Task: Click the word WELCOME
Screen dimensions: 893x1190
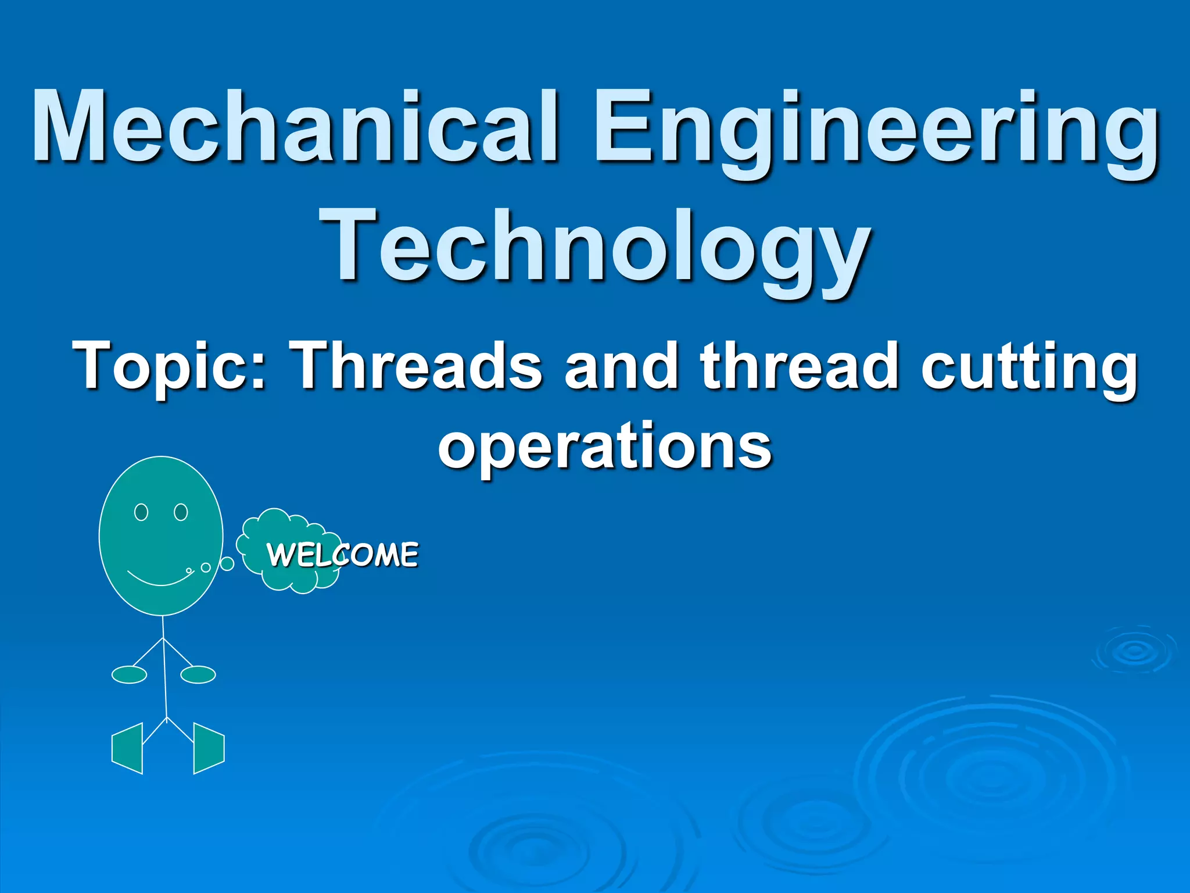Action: click(x=343, y=554)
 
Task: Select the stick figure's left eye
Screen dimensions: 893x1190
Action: click(x=141, y=512)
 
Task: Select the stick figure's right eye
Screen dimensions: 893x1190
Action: click(x=181, y=512)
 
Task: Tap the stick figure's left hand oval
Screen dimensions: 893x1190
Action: click(x=129, y=674)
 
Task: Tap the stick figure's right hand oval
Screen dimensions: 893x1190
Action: click(x=198, y=674)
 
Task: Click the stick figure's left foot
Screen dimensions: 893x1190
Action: click(x=127, y=748)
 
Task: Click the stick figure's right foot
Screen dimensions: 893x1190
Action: click(x=208, y=748)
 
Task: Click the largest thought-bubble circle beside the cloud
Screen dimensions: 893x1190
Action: click(x=227, y=563)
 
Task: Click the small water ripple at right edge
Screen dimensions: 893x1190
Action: click(x=1135, y=652)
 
